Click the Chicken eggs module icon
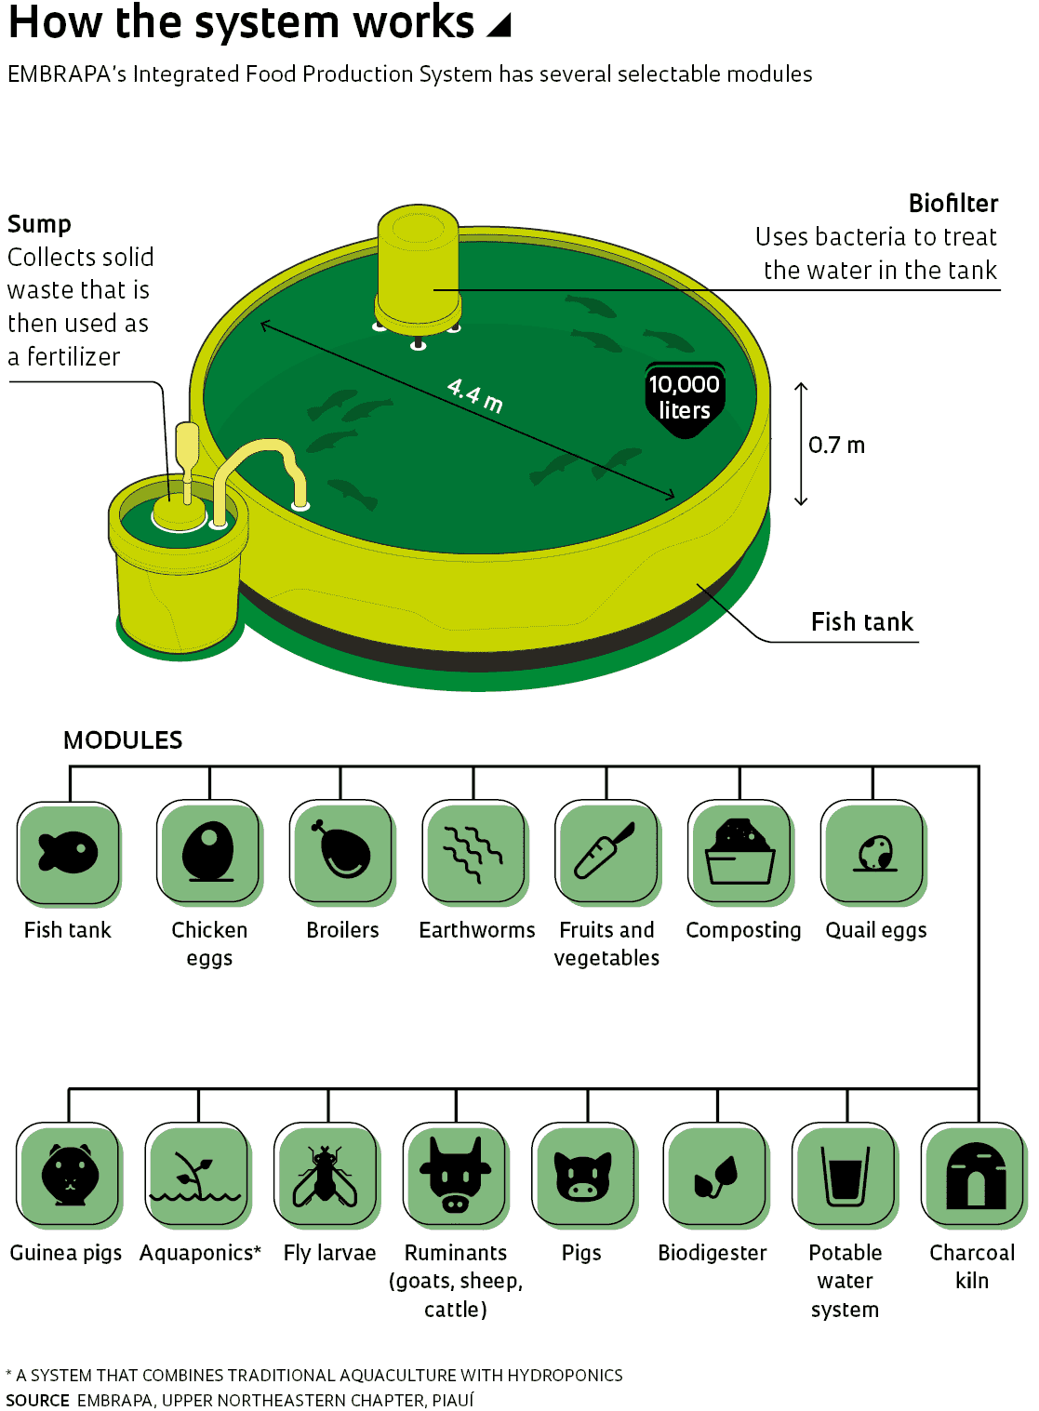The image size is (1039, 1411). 208,851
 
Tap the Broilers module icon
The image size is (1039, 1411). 341,851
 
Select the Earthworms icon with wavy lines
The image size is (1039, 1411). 474,851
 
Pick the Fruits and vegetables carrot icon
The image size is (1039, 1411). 606,851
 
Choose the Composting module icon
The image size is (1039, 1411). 740,851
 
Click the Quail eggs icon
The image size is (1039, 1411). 873,851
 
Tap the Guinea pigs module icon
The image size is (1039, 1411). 69,1174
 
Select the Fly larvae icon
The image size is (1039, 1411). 326,1174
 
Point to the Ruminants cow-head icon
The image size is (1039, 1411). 455,1174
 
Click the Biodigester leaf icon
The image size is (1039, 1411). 716,1174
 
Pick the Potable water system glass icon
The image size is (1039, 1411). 845,1174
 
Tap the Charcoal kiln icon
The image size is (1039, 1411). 974,1174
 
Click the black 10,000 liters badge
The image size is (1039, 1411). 685,397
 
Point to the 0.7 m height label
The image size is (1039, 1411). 836,446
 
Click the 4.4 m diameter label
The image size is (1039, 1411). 474,395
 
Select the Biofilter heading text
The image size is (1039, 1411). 952,204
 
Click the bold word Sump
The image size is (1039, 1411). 39,224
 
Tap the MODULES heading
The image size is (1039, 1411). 123,740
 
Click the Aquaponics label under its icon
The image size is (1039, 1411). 200,1253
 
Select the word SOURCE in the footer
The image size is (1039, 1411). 37,1400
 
